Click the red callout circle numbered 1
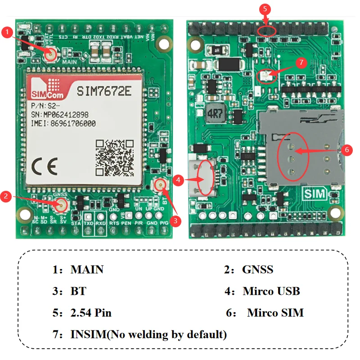pyautogui.click(x=7, y=32)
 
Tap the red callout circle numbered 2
pyautogui.click(x=6, y=196)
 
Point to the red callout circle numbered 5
pyautogui.click(x=265, y=9)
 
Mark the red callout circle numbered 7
pyautogui.click(x=302, y=62)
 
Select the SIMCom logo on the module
pyautogui.click(x=46, y=89)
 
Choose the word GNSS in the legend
pyautogui.click(x=257, y=270)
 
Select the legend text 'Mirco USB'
pyautogui.click(x=271, y=291)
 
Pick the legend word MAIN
pyautogui.click(x=87, y=270)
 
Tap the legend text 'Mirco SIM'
pyautogui.click(x=275, y=312)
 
